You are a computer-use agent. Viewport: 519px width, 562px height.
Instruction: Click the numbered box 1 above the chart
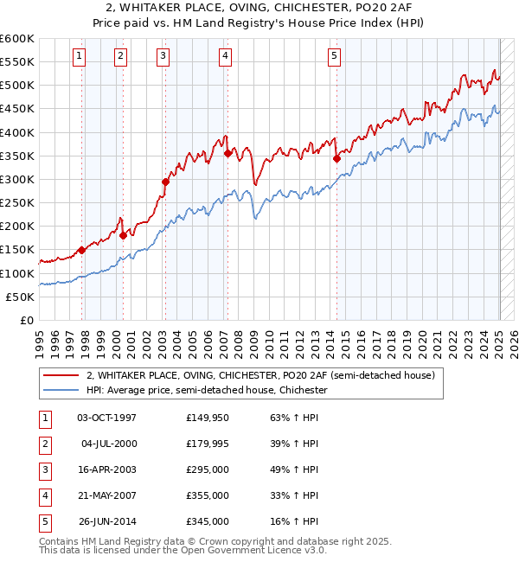coord(79,57)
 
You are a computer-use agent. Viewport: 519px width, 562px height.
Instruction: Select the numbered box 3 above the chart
coord(163,57)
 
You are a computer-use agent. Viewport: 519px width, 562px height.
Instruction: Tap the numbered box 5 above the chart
coord(335,57)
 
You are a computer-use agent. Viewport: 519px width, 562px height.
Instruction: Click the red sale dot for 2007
coord(227,154)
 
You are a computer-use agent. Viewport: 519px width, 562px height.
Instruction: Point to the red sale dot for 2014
coord(336,158)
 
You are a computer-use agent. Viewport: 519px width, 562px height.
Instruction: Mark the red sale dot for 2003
coord(164,182)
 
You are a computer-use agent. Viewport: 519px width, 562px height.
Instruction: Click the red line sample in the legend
coord(60,376)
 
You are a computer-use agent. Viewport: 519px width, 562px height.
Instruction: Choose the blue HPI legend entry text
coord(207,390)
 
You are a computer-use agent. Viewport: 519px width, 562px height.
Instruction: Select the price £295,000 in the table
coord(208,469)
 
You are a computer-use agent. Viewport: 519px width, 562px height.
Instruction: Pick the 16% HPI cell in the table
coord(294,521)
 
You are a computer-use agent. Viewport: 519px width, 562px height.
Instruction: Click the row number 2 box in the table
coord(43,444)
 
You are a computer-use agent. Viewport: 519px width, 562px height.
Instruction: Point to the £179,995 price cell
coord(208,444)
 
